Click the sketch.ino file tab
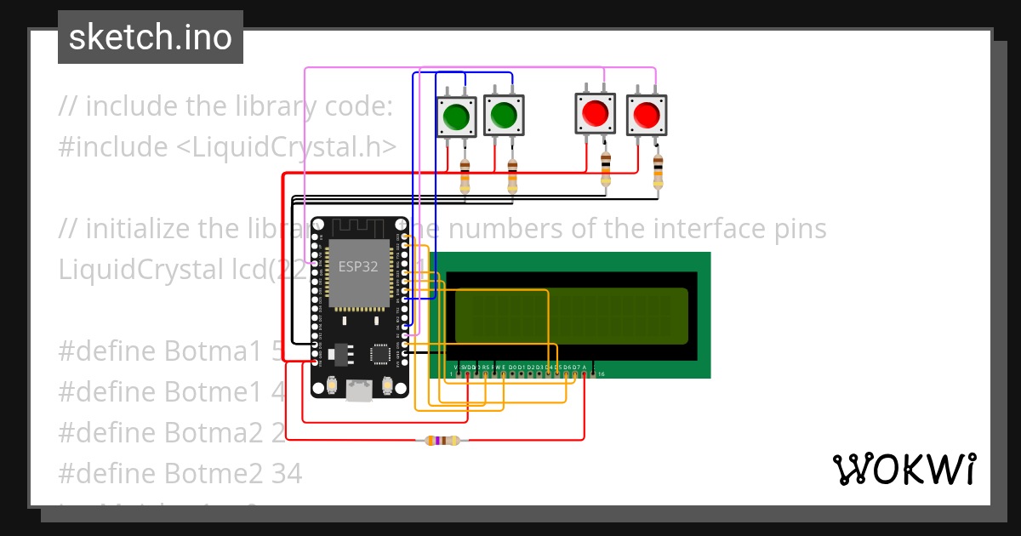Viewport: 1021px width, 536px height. click(150, 37)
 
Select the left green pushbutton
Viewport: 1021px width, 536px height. click(457, 114)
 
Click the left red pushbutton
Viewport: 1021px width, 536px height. click(595, 113)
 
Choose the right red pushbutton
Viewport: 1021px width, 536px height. click(646, 114)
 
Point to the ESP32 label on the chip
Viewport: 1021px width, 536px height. click(359, 265)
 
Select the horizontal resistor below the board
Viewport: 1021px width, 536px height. click(441, 440)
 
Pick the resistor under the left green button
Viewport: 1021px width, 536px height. click(465, 176)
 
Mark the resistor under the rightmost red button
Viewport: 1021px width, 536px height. click(657, 173)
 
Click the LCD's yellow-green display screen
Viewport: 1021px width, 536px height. click(571, 316)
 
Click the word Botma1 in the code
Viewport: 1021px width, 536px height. click(215, 351)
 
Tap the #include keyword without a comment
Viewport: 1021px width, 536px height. click(113, 147)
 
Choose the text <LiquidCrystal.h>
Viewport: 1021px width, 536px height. click(286, 147)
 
